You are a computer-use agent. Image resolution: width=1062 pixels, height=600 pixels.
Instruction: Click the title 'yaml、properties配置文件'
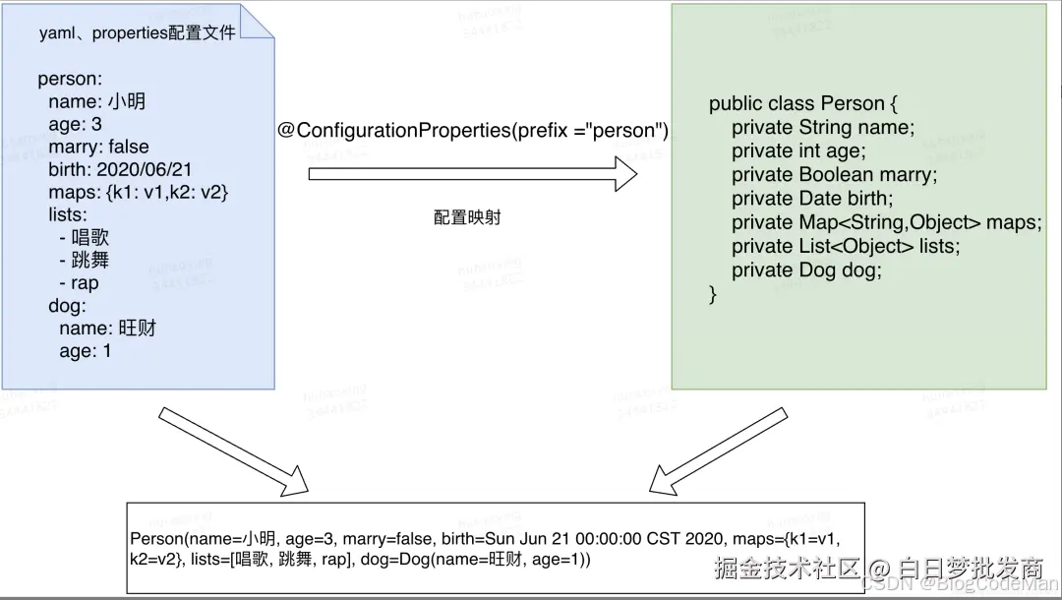point(137,32)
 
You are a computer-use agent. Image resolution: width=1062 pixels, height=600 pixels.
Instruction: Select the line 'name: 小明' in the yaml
point(96,101)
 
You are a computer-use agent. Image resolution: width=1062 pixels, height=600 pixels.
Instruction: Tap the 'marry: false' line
point(98,147)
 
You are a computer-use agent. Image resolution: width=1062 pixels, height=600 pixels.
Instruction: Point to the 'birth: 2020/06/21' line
point(120,169)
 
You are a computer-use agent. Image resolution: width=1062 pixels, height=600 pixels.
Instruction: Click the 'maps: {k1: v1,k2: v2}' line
point(139,192)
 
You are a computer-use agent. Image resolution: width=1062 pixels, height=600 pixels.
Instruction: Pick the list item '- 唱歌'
point(84,237)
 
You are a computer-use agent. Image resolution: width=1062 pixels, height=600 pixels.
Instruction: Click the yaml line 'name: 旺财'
point(107,328)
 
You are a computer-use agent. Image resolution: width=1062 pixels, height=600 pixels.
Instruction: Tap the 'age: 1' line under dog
point(86,350)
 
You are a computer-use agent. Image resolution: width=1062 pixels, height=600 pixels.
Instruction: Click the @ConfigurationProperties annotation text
point(473,131)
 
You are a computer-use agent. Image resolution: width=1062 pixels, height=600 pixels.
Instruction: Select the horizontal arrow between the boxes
point(473,174)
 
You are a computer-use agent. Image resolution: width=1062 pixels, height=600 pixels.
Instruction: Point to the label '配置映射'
point(467,217)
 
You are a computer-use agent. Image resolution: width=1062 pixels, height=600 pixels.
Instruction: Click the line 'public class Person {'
point(803,104)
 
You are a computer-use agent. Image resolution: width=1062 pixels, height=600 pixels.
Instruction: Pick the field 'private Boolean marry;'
point(835,175)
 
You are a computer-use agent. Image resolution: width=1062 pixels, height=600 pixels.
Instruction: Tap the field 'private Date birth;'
point(812,199)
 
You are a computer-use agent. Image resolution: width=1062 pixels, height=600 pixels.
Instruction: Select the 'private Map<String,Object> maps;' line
point(886,222)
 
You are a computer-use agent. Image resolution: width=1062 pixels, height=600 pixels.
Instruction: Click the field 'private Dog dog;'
point(806,270)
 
